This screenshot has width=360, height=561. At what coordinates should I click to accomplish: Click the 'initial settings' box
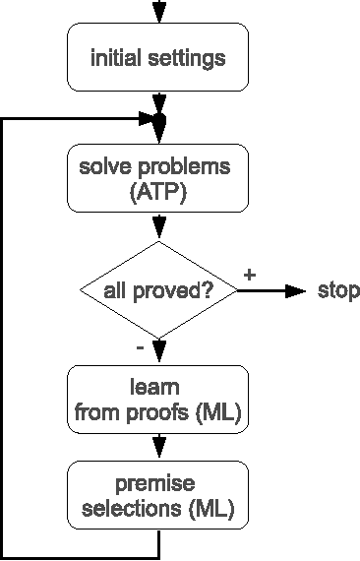click(x=157, y=58)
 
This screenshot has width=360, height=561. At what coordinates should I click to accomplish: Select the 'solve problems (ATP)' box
click(x=157, y=177)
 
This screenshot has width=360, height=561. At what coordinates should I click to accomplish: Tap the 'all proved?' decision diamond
click(x=157, y=290)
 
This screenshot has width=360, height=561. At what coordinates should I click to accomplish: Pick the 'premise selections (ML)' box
click(x=157, y=497)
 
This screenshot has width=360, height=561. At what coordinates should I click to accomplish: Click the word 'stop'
click(x=337, y=291)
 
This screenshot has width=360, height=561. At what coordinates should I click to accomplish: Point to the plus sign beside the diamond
click(x=249, y=276)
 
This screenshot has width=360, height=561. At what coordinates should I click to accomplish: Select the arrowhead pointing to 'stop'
click(x=294, y=291)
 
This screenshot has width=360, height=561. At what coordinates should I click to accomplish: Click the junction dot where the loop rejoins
click(x=159, y=119)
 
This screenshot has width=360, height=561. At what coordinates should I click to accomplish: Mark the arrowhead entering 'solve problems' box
click(x=157, y=138)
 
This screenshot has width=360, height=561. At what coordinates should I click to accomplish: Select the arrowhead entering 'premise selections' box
click(x=157, y=455)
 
